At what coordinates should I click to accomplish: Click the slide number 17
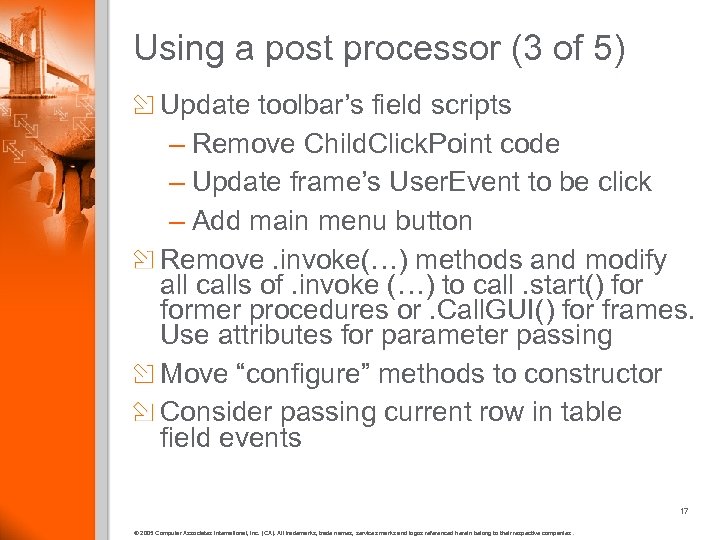click(684, 511)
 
